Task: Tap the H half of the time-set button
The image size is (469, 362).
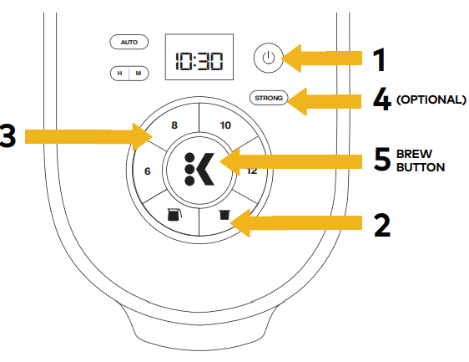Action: pyautogui.click(x=119, y=74)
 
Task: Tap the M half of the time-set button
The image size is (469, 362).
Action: pyautogui.click(x=139, y=74)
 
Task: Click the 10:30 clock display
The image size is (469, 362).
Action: pyautogui.click(x=199, y=57)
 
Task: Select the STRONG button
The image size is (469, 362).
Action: pyautogui.click(x=269, y=98)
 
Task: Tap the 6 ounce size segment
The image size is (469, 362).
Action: pyautogui.click(x=147, y=171)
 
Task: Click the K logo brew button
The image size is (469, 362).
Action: pyautogui.click(x=199, y=170)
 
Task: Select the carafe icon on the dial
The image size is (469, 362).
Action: pyautogui.click(x=174, y=215)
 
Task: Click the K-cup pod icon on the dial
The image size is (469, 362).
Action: pyautogui.click(x=224, y=215)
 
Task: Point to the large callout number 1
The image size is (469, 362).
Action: pyautogui.click(x=380, y=60)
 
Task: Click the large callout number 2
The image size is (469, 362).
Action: pyautogui.click(x=382, y=226)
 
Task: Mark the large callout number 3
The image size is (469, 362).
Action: pyautogui.click(x=8, y=135)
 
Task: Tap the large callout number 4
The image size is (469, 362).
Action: pyautogui.click(x=382, y=99)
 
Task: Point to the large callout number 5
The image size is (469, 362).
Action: pyautogui.click(x=382, y=159)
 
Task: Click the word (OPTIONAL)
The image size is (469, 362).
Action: pyautogui.click(x=431, y=99)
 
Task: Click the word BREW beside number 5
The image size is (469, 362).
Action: pyautogui.click(x=414, y=154)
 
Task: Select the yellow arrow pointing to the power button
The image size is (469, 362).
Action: pyautogui.click(x=321, y=59)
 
